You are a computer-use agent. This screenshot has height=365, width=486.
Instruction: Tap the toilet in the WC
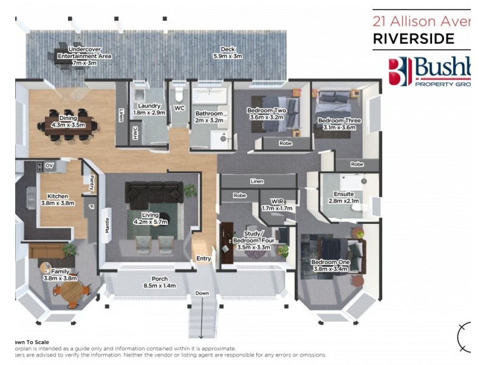pyautogui.click(x=178, y=96)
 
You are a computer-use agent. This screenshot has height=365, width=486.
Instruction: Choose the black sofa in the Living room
pyautogui.click(x=155, y=193)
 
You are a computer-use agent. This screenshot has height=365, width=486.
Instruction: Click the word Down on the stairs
pyautogui.click(x=202, y=293)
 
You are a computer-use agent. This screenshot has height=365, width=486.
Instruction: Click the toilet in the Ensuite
pyautogui.click(x=361, y=207)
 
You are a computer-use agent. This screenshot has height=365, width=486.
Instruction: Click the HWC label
pyautogui.click(x=135, y=132)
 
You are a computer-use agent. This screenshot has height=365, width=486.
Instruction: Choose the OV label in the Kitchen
pyautogui.click(x=50, y=165)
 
